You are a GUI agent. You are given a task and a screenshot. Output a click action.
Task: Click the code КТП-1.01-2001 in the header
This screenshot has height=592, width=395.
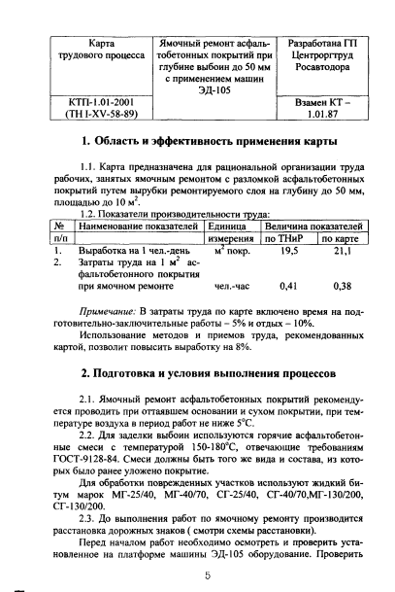coord(88,102)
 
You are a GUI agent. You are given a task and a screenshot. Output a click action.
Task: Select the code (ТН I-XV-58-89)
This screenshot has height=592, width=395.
coord(88,114)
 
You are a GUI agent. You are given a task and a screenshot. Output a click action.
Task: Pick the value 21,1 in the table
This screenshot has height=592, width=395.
coord(342,250)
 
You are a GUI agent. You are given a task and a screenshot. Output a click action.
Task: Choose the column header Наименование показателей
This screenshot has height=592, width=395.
coord(132,225)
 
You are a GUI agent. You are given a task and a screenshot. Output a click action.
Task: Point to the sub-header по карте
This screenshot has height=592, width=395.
coord(342,237)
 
